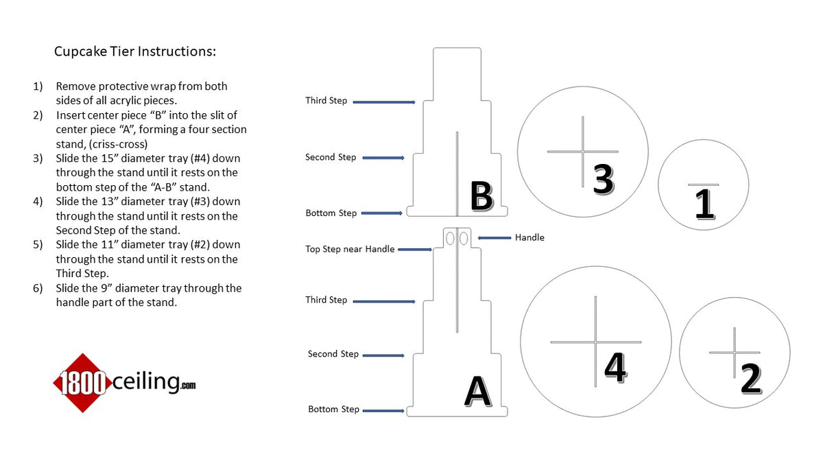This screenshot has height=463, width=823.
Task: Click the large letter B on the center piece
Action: [x=481, y=196]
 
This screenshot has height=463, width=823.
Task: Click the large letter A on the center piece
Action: [x=478, y=392]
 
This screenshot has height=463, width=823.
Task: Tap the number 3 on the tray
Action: [x=604, y=179]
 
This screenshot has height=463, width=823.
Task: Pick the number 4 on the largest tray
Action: [x=616, y=368]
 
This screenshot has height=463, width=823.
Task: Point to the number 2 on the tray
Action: [x=750, y=379]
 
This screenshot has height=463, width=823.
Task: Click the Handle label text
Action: [x=529, y=237]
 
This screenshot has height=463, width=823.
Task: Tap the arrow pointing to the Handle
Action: [x=494, y=238]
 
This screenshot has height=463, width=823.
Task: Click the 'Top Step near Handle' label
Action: [x=350, y=249]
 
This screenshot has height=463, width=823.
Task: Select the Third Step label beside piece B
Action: [x=326, y=101]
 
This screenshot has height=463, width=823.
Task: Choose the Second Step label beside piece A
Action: [x=333, y=354]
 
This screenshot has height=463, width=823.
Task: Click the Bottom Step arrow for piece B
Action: [x=382, y=213]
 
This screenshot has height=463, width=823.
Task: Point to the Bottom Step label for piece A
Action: [x=333, y=409]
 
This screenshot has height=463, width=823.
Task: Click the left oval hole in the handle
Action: [x=450, y=238]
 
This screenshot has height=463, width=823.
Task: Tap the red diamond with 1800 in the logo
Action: [x=83, y=383]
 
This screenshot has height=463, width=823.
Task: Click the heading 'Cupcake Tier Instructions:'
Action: [x=135, y=51]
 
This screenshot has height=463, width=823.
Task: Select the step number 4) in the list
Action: [x=38, y=202]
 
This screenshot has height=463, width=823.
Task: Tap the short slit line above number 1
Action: [x=703, y=185]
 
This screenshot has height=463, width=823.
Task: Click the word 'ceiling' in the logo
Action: [x=146, y=382]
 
